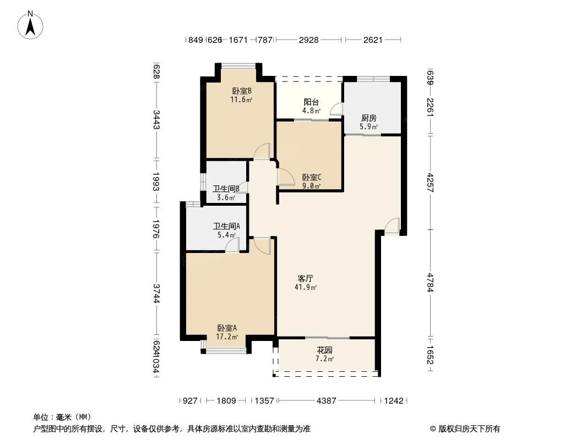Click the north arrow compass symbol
click(30, 25)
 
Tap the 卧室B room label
click(242, 91)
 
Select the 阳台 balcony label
click(311, 102)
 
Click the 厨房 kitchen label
click(368, 118)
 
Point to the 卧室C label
click(312, 177)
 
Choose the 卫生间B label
click(226, 189)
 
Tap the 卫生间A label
click(226, 226)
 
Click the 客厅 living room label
click(306, 278)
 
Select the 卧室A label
click(227, 328)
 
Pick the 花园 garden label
click(324, 350)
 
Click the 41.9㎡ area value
click(306, 288)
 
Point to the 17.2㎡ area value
click(227, 337)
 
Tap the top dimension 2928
click(308, 40)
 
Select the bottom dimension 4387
click(327, 401)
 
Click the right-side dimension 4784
click(430, 283)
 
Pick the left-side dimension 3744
click(156, 294)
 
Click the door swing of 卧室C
click(286, 177)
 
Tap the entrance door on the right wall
click(392, 226)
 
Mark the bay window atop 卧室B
click(238, 66)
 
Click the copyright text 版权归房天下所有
click(469, 429)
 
